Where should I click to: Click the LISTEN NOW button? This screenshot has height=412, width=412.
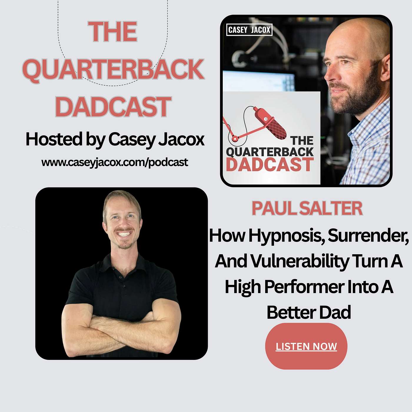pyautogui.click(x=306, y=346)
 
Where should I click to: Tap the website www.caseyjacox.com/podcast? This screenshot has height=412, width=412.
pyautogui.click(x=115, y=162)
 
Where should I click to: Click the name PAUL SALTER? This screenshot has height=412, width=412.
pyautogui.click(x=307, y=208)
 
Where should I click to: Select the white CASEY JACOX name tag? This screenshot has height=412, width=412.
pyautogui.click(x=249, y=30)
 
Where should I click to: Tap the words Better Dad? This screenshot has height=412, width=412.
pyautogui.click(x=309, y=312)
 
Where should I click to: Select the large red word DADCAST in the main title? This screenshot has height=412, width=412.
pyautogui.click(x=113, y=106)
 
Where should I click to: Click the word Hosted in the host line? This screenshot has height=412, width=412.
pyautogui.click(x=54, y=139)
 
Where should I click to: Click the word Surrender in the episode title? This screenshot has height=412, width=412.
pyautogui.click(x=368, y=236)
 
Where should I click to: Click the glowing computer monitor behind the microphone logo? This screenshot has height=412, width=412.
pyautogui.click(x=259, y=81)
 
